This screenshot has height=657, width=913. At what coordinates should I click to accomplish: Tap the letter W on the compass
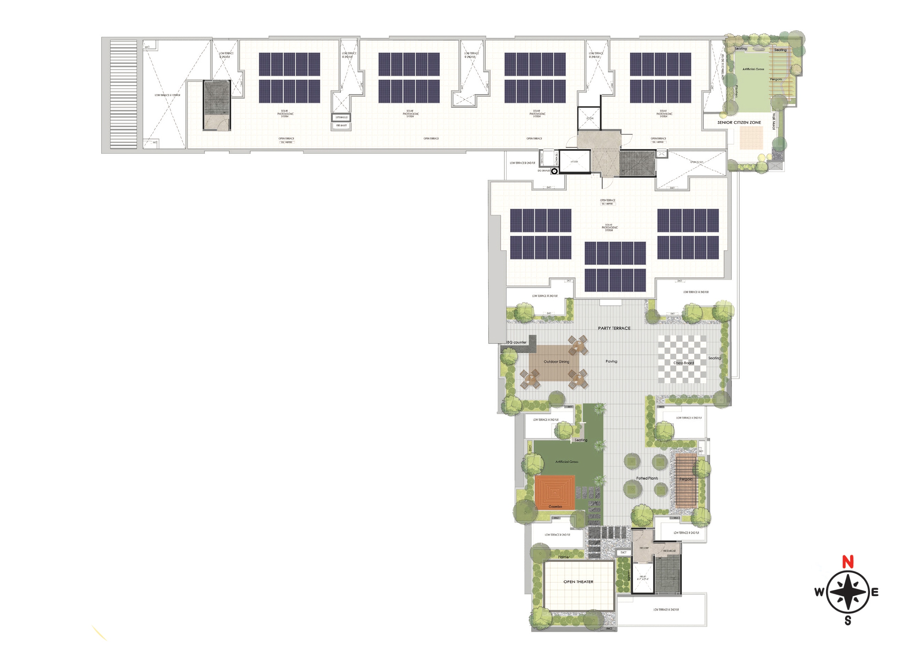click(819, 592)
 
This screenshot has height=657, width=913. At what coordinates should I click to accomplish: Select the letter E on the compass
click(875, 592)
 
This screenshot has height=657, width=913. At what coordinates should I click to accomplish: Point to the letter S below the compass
click(848, 621)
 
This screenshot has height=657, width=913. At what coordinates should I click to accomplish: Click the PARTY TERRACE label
click(614, 328)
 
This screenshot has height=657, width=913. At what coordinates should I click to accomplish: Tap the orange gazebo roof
click(555, 492)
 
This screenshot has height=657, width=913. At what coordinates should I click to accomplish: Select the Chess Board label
click(684, 363)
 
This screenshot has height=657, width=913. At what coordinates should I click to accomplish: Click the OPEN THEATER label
click(578, 582)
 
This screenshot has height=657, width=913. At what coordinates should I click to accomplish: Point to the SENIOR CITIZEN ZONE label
click(739, 122)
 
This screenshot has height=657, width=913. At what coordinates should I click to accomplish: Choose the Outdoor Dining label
click(556, 362)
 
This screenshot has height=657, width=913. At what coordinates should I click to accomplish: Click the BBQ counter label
click(516, 342)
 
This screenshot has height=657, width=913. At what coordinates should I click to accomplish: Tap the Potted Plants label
click(647, 479)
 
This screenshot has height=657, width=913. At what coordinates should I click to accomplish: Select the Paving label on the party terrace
click(611, 361)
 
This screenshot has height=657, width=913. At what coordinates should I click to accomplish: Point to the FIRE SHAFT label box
click(341, 126)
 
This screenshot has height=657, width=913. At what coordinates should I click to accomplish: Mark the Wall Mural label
click(773, 121)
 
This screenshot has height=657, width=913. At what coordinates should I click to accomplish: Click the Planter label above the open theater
click(564, 557)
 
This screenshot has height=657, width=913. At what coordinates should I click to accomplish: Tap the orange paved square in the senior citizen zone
click(751, 138)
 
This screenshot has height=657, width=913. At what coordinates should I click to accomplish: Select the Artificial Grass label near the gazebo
click(566, 462)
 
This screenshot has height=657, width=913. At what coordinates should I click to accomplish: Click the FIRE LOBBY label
click(644, 548)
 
